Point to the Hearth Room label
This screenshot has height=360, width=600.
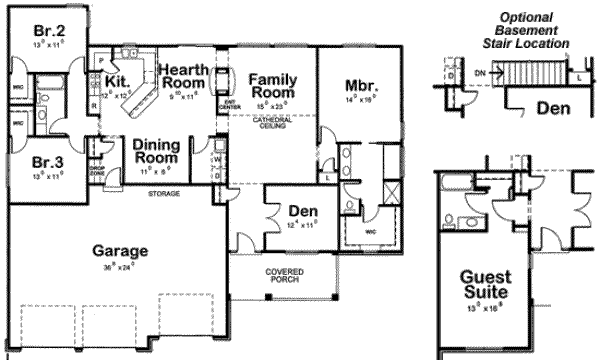[185, 77]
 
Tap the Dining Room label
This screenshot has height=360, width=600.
[155, 152]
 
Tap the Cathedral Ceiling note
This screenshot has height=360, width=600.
[270, 123]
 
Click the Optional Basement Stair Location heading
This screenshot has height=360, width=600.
[526, 31]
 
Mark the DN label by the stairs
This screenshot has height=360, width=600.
[480, 73]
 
